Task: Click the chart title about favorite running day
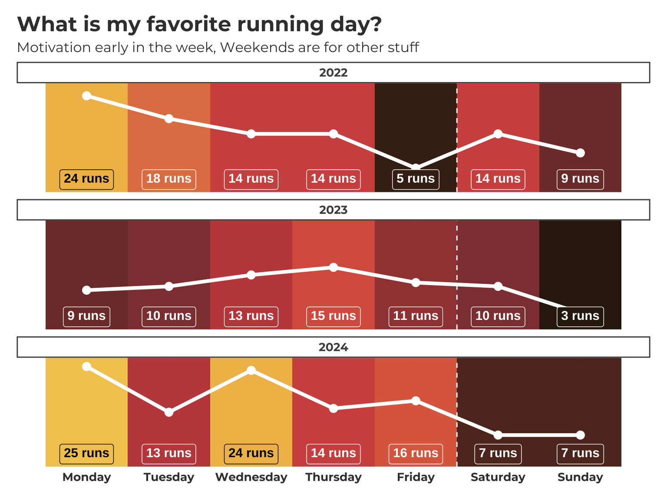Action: pyautogui.click(x=199, y=24)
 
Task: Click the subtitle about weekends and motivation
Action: pyautogui.click(x=218, y=47)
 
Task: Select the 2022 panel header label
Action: pyautogui.click(x=333, y=72)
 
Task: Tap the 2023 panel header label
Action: pyautogui.click(x=333, y=210)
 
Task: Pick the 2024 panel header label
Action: pyautogui.click(x=333, y=347)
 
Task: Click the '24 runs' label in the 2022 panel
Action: pyautogui.click(x=86, y=179)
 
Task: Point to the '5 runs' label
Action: pyautogui.click(x=416, y=179)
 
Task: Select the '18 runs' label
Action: pyautogui.click(x=168, y=179)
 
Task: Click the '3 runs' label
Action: pyautogui.click(x=580, y=316)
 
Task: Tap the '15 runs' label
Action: pyautogui.click(x=333, y=316)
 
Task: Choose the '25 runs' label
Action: pyautogui.click(x=86, y=453)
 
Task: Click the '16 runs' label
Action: pyautogui.click(x=416, y=453)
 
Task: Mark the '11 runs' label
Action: pyautogui.click(x=416, y=316)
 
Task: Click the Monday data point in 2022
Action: pyautogui.click(x=86, y=95)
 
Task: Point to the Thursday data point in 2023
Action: pyautogui.click(x=333, y=267)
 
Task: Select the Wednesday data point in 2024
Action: pyautogui.click(x=251, y=370)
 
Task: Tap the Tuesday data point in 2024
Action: pyautogui.click(x=169, y=412)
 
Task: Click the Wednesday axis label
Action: pyautogui.click(x=251, y=477)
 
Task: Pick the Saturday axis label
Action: pyautogui.click(x=498, y=477)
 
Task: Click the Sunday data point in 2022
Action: pyautogui.click(x=580, y=153)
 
